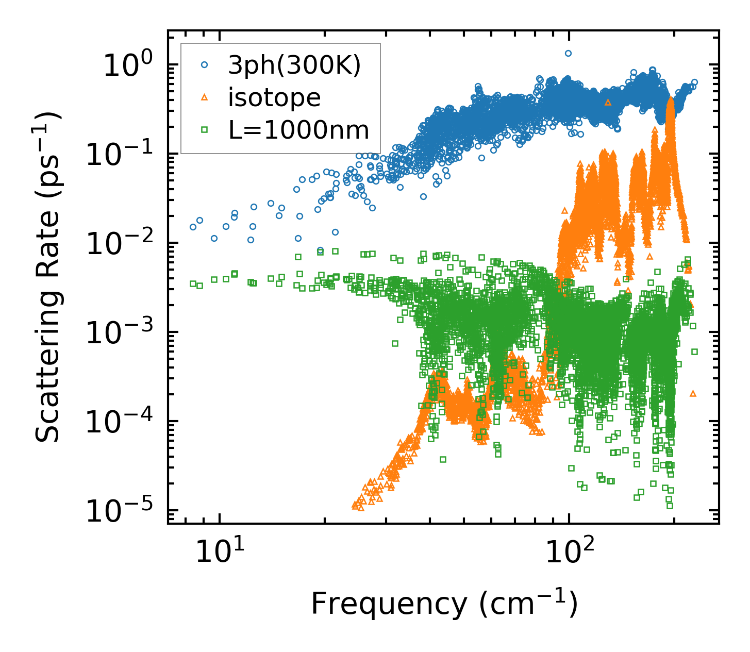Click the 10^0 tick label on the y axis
(128, 66)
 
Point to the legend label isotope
(274, 97)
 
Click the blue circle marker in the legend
(205, 65)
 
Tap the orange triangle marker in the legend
(205, 97)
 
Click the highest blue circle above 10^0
(568, 53)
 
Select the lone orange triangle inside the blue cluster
(608, 103)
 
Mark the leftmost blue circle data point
(193, 227)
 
